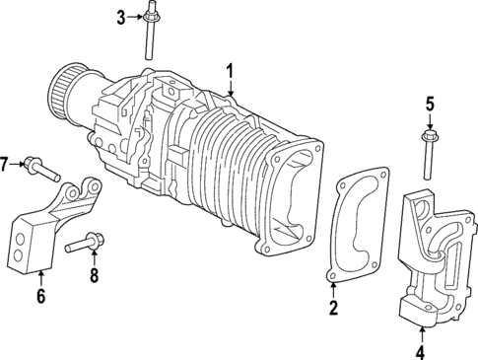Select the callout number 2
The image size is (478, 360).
pyautogui.click(x=333, y=309)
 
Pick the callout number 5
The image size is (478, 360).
pyautogui.click(x=430, y=103)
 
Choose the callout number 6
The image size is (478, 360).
pyautogui.click(x=41, y=295)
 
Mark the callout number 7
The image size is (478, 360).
pyautogui.click(x=6, y=163)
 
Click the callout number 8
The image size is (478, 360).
pyautogui.click(x=95, y=276)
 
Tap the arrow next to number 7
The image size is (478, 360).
pyautogui.click(x=21, y=163)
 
